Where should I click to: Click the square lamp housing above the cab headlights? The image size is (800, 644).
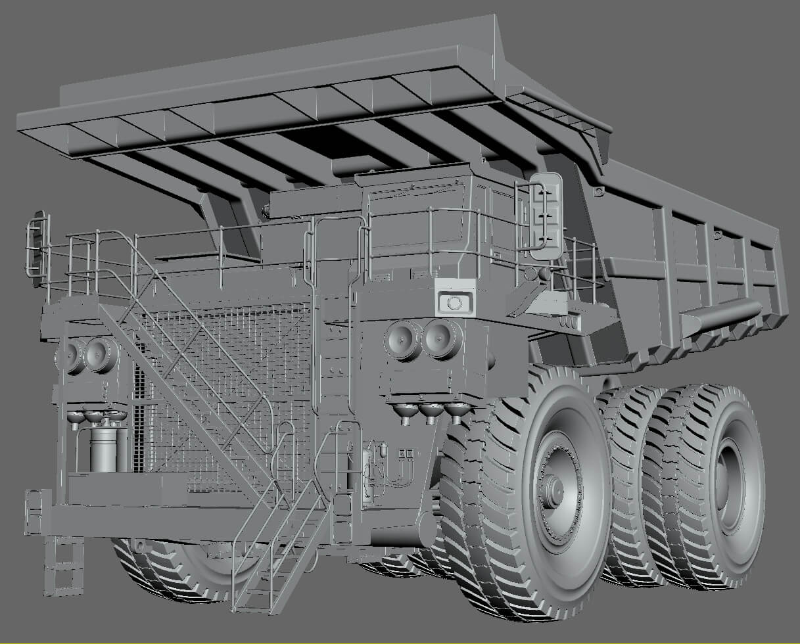point(454,302)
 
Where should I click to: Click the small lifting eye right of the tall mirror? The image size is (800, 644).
point(599,191)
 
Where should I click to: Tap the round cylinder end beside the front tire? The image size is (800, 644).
point(427,528)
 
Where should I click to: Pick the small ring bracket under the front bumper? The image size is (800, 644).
point(139,545)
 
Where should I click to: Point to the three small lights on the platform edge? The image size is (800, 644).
point(569,321)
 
